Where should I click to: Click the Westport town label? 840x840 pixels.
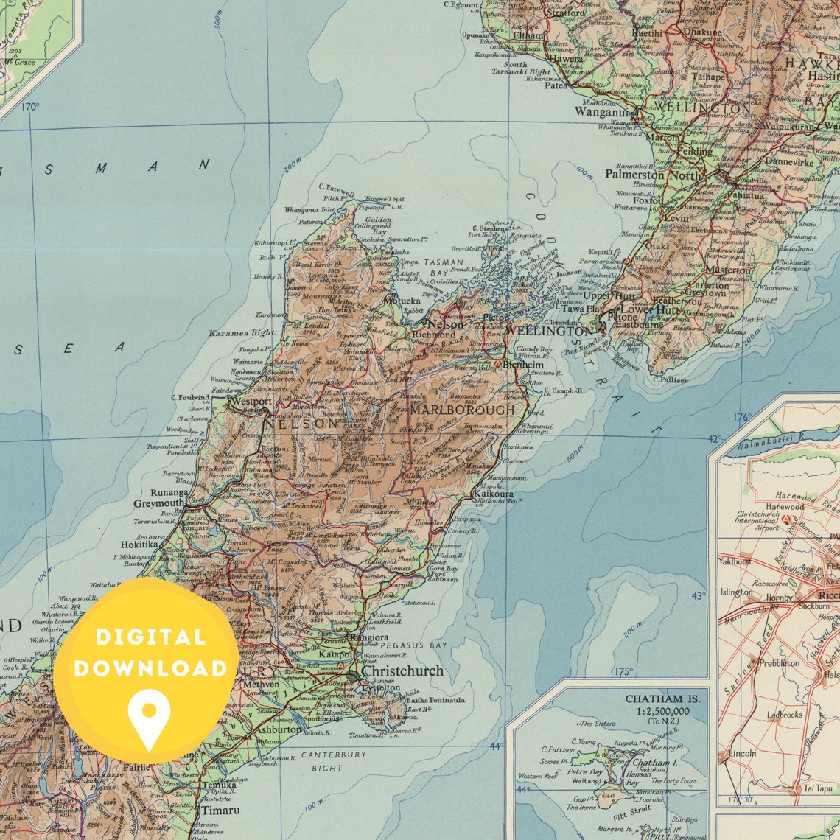(251, 402)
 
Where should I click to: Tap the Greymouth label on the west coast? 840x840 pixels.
(158, 504)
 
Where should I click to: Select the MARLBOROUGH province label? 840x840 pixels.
(463, 410)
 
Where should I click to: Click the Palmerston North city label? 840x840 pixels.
(652, 175)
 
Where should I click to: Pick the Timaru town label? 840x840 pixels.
(220, 811)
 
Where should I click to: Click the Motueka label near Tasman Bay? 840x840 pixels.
(402, 301)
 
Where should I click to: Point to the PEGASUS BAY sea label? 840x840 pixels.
(414, 645)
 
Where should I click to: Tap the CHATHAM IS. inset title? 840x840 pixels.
(662, 698)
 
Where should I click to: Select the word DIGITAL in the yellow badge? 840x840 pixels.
(149, 637)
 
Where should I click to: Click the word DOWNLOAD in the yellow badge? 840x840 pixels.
(150, 668)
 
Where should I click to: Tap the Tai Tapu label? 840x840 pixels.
(819, 788)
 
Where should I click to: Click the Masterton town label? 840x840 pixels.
(729, 270)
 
